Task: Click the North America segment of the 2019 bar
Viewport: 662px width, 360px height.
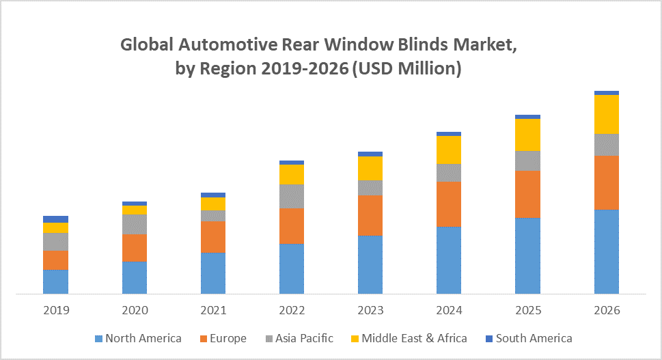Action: [55, 281]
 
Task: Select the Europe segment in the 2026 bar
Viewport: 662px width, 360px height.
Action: [607, 182]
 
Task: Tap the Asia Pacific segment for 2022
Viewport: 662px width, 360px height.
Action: [292, 196]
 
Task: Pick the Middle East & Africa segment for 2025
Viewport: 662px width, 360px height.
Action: [527, 135]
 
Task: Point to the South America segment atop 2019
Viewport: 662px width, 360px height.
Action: [55, 219]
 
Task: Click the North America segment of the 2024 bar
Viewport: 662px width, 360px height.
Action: [449, 260]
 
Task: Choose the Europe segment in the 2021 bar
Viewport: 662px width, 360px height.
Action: [213, 236]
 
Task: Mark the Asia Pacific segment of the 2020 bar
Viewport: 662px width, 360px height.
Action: [135, 224]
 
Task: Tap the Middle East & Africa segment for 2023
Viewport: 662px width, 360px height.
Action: [370, 168]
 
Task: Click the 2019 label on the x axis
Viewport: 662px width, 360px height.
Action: [56, 310]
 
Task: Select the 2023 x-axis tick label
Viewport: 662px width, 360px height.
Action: [370, 310]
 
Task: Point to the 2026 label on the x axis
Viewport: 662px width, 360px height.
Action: [607, 310]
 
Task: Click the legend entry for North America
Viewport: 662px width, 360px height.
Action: [138, 338]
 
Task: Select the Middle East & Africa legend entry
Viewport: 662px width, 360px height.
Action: [409, 338]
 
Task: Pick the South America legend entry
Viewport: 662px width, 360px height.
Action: [528, 338]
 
